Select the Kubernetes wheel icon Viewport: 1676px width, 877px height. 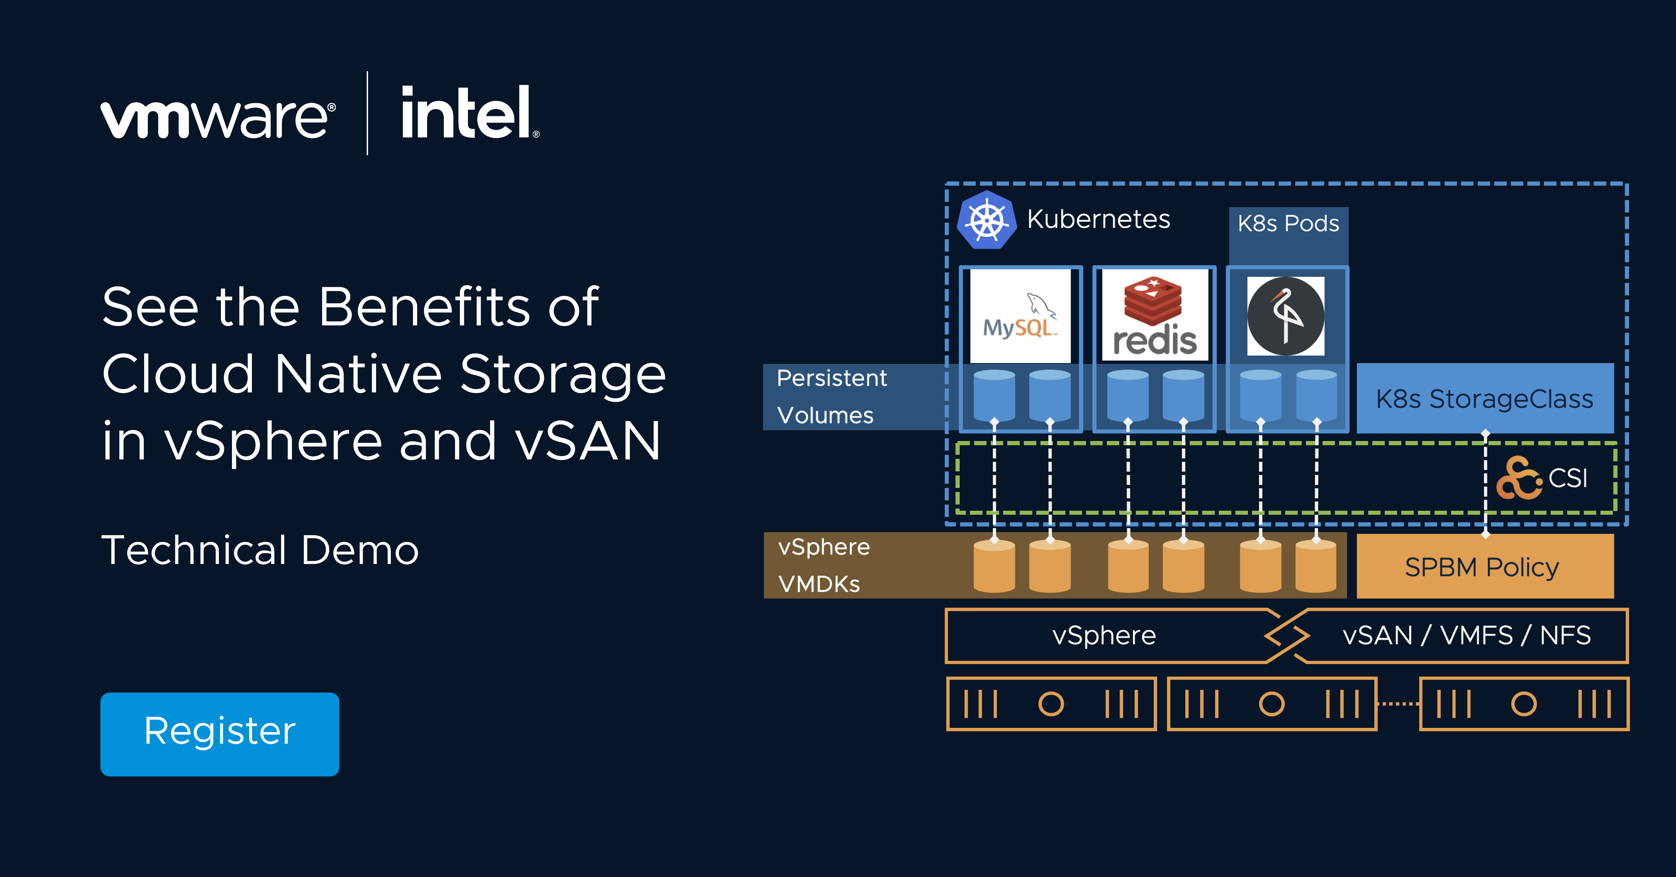pyautogui.click(x=986, y=220)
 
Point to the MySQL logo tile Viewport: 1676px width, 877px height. pyautogui.click(x=1020, y=316)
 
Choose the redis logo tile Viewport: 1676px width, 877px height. pyautogui.click(x=1154, y=316)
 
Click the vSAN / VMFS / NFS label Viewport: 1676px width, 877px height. pyautogui.click(x=1466, y=635)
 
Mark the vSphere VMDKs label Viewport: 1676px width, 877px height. pyautogui.click(x=823, y=565)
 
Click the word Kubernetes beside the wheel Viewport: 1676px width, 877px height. pyautogui.click(x=1098, y=219)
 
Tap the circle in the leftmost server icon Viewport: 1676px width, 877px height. pyautogui.click(x=1051, y=703)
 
